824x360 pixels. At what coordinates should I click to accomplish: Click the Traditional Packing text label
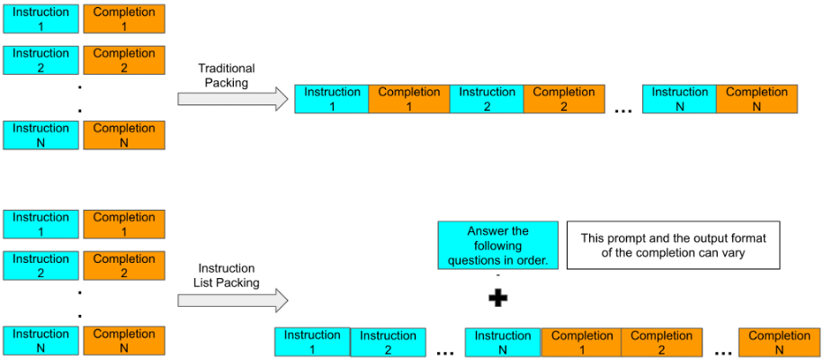pyautogui.click(x=226, y=76)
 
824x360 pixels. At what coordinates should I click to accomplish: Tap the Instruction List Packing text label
pyautogui.click(x=226, y=275)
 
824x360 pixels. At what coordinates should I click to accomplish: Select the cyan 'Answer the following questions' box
pyautogui.click(x=497, y=246)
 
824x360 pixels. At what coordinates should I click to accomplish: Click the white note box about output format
pyautogui.click(x=672, y=246)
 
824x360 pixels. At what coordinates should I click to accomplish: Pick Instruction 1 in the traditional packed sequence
pyautogui.click(x=332, y=99)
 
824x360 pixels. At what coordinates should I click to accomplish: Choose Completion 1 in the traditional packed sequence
pyautogui.click(x=409, y=99)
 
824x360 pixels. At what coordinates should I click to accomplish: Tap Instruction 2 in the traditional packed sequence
pyautogui.click(x=487, y=99)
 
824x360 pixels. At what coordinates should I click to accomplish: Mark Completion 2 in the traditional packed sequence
pyautogui.click(x=564, y=99)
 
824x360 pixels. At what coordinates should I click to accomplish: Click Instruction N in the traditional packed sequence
pyautogui.click(x=679, y=99)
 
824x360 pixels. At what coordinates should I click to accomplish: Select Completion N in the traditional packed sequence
pyautogui.click(x=757, y=99)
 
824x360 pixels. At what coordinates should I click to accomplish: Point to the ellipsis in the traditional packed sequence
pyautogui.click(x=622, y=110)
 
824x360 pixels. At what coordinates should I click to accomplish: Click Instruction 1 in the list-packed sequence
pyautogui.click(x=312, y=342)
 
